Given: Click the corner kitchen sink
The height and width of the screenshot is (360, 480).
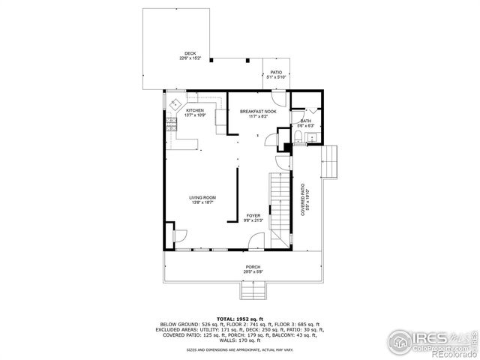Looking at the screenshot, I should coord(172,104).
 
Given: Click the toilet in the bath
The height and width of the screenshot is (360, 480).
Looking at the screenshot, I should coord(298,136).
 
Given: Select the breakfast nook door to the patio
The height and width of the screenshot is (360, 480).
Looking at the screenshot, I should coord(279,98).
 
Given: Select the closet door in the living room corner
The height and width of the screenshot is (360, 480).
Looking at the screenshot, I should coord(180,235).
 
